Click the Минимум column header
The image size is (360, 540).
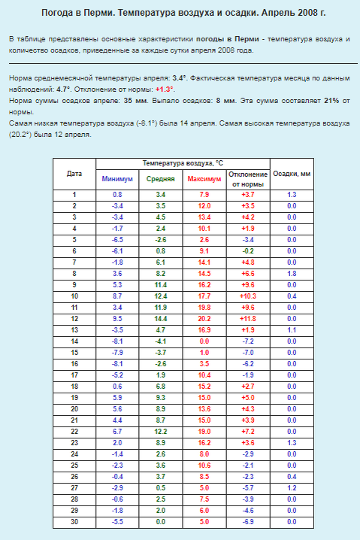(117, 179)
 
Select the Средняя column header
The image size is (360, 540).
(160, 179)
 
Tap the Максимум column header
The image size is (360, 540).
(204, 179)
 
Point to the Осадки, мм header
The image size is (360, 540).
(292, 173)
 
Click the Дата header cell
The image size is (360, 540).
(74, 173)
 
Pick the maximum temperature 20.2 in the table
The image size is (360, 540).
(204, 318)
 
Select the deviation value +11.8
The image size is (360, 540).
(248, 318)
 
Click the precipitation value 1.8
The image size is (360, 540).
(292, 273)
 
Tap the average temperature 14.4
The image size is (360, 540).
(160, 318)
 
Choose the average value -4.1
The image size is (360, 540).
(160, 341)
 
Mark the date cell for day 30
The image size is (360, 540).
(74, 521)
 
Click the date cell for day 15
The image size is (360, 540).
(74, 352)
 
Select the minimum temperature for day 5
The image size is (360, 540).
(117, 239)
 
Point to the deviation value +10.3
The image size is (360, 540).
(248, 296)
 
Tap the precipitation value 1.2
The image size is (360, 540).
(292, 487)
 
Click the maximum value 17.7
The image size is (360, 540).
(204, 296)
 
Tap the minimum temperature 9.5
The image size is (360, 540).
(117, 318)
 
